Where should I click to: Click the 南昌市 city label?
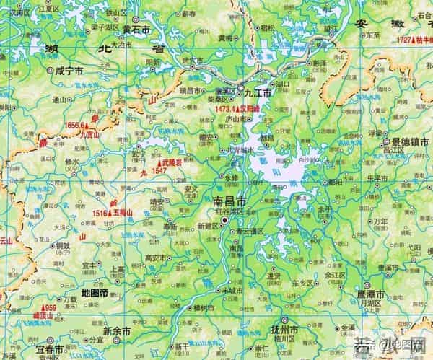pyautogui.click(x=230, y=201)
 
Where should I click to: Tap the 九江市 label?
pyautogui.click(x=256, y=94)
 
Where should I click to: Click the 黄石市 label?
pyautogui.click(x=136, y=30)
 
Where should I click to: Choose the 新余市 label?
pyautogui.click(x=117, y=330)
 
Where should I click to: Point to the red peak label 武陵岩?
pyautogui.click(x=171, y=163)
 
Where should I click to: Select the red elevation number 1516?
pyautogui.click(x=100, y=213)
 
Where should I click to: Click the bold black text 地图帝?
pyautogui.click(x=95, y=293)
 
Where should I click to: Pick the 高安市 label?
pyautogui.click(x=157, y=258)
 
